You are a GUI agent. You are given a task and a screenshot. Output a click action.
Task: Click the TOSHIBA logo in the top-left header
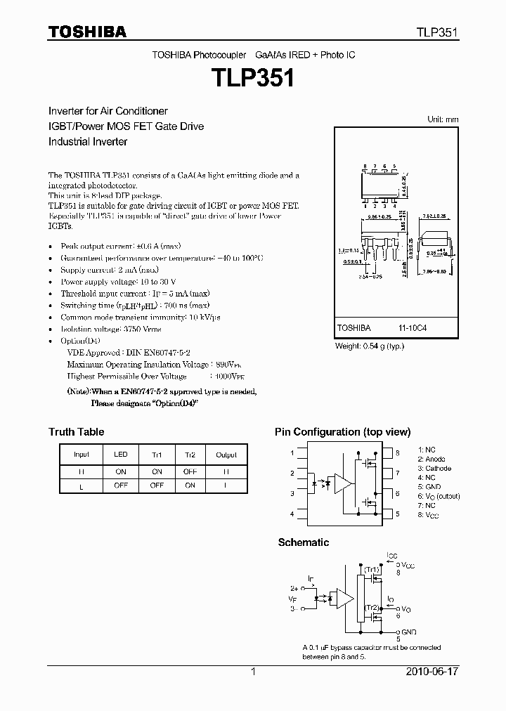[x=87, y=32]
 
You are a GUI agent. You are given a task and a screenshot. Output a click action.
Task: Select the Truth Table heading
[x=76, y=432]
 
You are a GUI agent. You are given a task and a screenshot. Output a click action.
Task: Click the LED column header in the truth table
[x=120, y=455]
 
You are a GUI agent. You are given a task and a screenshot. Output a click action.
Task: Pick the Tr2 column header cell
[x=190, y=455]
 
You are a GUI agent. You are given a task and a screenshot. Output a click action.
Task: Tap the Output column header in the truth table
[x=226, y=455]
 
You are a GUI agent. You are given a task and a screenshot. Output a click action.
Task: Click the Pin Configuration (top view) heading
[x=342, y=432]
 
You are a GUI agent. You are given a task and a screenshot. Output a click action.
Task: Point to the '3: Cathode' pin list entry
[x=434, y=468]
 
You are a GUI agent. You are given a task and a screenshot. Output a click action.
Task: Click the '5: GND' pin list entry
[x=429, y=487]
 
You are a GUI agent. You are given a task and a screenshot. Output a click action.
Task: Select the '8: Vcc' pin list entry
[x=429, y=515]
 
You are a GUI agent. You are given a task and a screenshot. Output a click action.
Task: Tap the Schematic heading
[x=303, y=542]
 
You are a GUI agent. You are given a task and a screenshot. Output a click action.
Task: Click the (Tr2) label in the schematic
[x=372, y=606]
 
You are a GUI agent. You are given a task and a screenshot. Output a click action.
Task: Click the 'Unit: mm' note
[x=443, y=119]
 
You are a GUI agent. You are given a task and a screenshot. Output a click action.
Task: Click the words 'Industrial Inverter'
[x=88, y=141]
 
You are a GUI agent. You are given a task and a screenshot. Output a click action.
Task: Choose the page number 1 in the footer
[x=253, y=672]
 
